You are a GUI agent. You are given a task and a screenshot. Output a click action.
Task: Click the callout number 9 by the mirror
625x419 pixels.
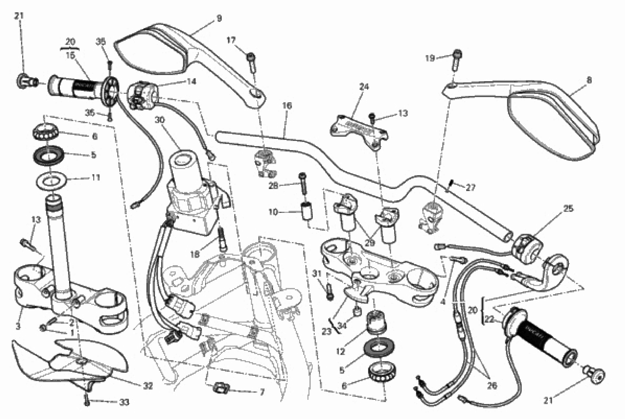tap(219, 18)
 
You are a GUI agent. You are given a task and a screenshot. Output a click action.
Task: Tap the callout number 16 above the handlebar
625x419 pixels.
tap(287, 106)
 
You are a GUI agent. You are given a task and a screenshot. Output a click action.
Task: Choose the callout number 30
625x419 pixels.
tap(160, 120)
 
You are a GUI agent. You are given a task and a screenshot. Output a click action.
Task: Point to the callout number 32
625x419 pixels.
tap(148, 386)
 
